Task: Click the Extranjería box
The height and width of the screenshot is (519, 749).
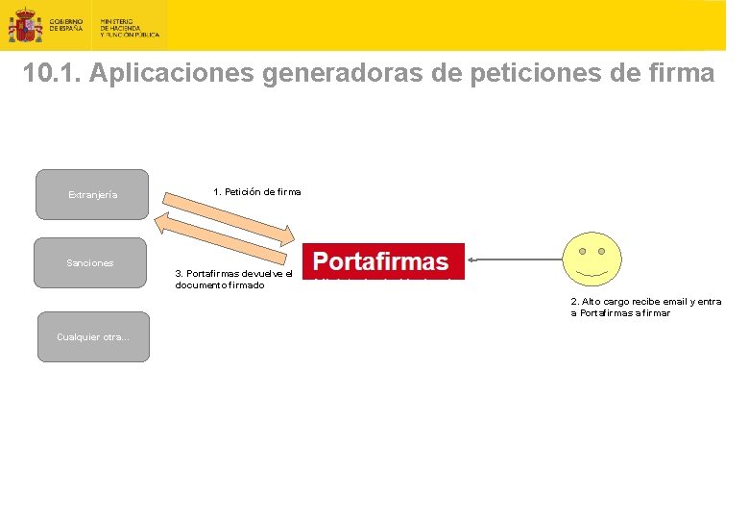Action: pos(92,194)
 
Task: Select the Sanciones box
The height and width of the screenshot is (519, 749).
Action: pos(90,262)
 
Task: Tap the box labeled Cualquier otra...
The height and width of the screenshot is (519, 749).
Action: pos(93,336)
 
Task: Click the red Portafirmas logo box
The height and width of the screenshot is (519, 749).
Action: pos(383,260)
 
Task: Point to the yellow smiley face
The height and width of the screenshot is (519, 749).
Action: pos(591,258)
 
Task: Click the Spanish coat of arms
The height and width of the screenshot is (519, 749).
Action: pos(24,26)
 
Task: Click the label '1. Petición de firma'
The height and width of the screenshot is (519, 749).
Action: pos(256,191)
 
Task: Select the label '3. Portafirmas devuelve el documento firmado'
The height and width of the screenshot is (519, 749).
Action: pos(233,279)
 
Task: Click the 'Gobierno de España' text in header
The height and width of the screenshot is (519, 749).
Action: pos(66,25)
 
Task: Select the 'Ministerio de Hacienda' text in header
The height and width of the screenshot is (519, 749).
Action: pos(130,27)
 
